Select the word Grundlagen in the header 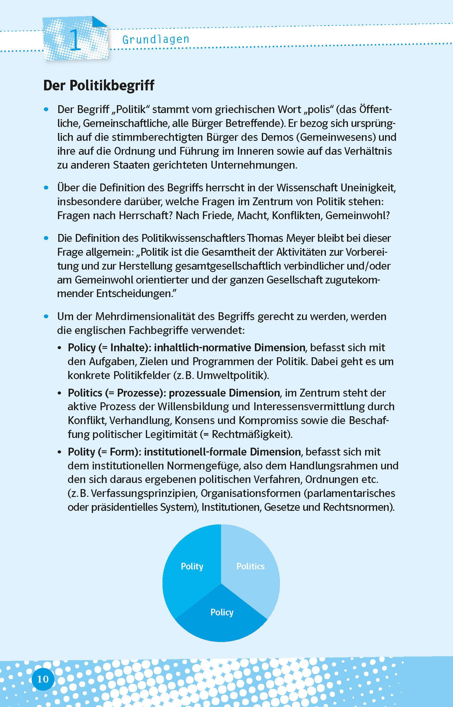coord(156,40)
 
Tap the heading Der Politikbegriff coord(99,86)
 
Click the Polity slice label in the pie coord(192,566)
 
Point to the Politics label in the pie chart coord(250,566)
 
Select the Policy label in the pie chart coord(222,612)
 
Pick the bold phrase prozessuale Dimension coord(224,393)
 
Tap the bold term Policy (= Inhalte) coord(110,348)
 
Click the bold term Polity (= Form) coord(105,452)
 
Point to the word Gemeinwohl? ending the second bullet coord(358,216)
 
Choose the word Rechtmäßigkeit coord(251,434)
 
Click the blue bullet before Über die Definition coord(46,188)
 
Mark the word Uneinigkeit coord(368,188)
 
